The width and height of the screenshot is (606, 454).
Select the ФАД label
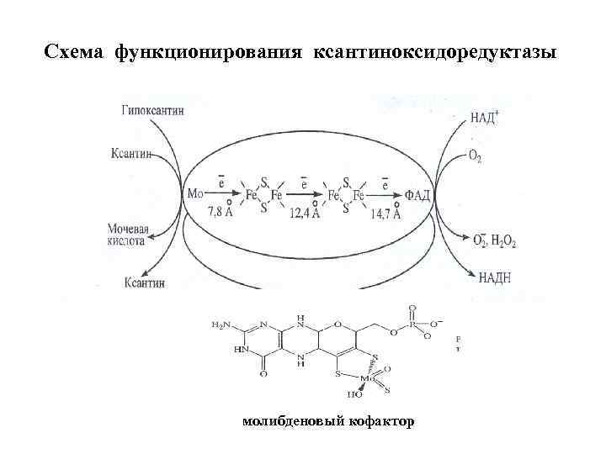pyautogui.click(x=418, y=196)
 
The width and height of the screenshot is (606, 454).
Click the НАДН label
pyautogui.click(x=495, y=276)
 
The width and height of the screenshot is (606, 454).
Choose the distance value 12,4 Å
pyautogui.click(x=304, y=214)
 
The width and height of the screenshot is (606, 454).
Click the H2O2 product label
pyautogui.click(x=502, y=241)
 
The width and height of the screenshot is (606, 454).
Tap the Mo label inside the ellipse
pyautogui.click(x=195, y=194)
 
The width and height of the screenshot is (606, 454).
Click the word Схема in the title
pyautogui.click(x=75, y=53)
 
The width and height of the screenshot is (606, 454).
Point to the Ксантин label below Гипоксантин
pyautogui.click(x=130, y=153)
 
